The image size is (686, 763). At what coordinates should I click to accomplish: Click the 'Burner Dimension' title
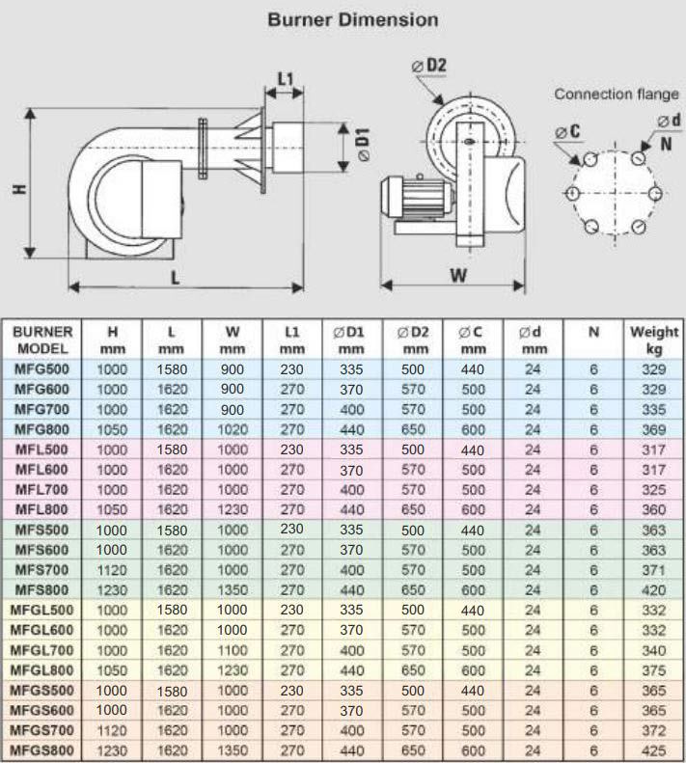tap(352, 19)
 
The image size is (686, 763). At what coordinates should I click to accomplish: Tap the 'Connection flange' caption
tap(616, 95)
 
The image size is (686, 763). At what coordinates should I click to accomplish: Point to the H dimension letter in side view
tap(18, 190)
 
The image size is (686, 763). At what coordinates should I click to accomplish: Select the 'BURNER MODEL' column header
tap(41, 340)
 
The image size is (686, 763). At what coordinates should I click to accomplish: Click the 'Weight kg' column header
tap(654, 340)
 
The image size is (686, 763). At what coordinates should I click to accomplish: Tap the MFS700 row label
tap(41, 568)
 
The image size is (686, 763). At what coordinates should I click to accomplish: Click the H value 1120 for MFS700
tap(112, 568)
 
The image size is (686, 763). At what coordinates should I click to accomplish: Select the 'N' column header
tap(593, 331)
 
